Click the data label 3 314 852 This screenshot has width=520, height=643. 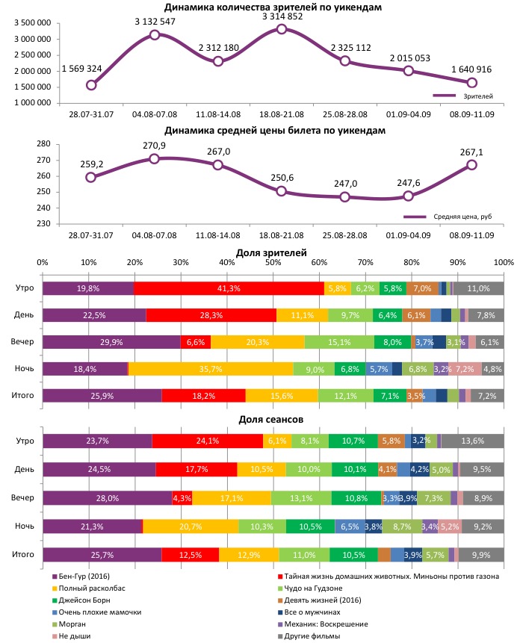(x=282, y=15)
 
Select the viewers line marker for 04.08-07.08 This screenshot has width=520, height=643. (x=155, y=34)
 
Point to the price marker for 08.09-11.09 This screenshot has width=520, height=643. (x=472, y=165)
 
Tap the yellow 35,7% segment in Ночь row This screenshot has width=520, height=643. (x=211, y=369)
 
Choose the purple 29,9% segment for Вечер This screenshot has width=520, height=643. (x=111, y=342)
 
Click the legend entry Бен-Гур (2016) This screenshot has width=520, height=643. (x=81, y=576)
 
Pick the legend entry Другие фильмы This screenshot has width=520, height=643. (x=310, y=636)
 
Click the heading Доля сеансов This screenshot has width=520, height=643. (x=270, y=420)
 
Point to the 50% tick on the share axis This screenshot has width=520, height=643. (x=273, y=263)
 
